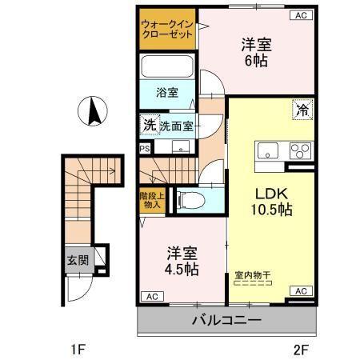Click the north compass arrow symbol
coord(94,110)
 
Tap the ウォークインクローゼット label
coord(168,30)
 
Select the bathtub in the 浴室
coord(168,66)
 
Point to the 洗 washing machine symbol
coord(148,125)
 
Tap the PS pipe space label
coord(145,148)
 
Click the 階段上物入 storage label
coord(150,199)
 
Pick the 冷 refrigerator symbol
coord(303,110)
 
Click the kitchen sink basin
coord(266,152)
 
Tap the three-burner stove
coord(301,151)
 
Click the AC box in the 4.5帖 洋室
coord(150,296)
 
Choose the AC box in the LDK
coord(301,291)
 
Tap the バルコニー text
coord(226,322)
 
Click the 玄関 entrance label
coord(77,260)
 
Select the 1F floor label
coord(75,348)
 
